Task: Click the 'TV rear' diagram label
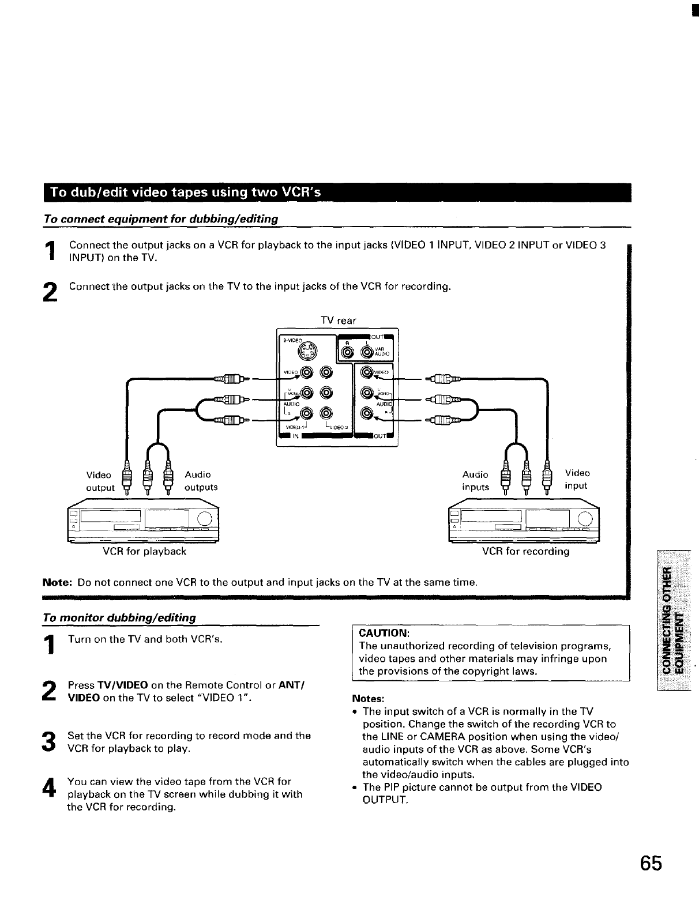coord(338,321)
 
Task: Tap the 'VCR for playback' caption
coord(144,551)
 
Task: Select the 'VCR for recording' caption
coord(525,551)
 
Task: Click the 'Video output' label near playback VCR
coord(99,481)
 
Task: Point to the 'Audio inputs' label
coord(475,481)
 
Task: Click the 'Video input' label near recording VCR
coord(577,479)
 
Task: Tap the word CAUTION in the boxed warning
coord(384,632)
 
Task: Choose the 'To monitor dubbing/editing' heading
coord(119,617)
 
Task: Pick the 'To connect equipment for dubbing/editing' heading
coord(161,219)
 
